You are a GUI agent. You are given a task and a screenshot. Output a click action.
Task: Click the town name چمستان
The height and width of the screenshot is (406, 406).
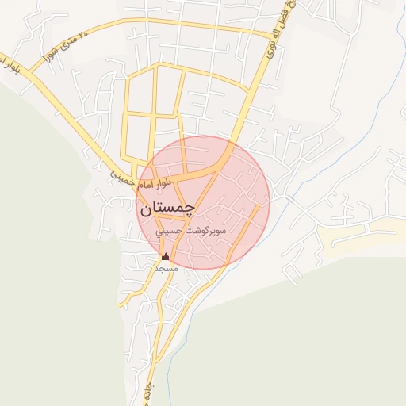point(167,209)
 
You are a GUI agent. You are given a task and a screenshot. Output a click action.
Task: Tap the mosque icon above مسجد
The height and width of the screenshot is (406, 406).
point(166,256)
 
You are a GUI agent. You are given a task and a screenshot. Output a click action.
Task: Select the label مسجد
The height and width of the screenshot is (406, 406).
point(166,269)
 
